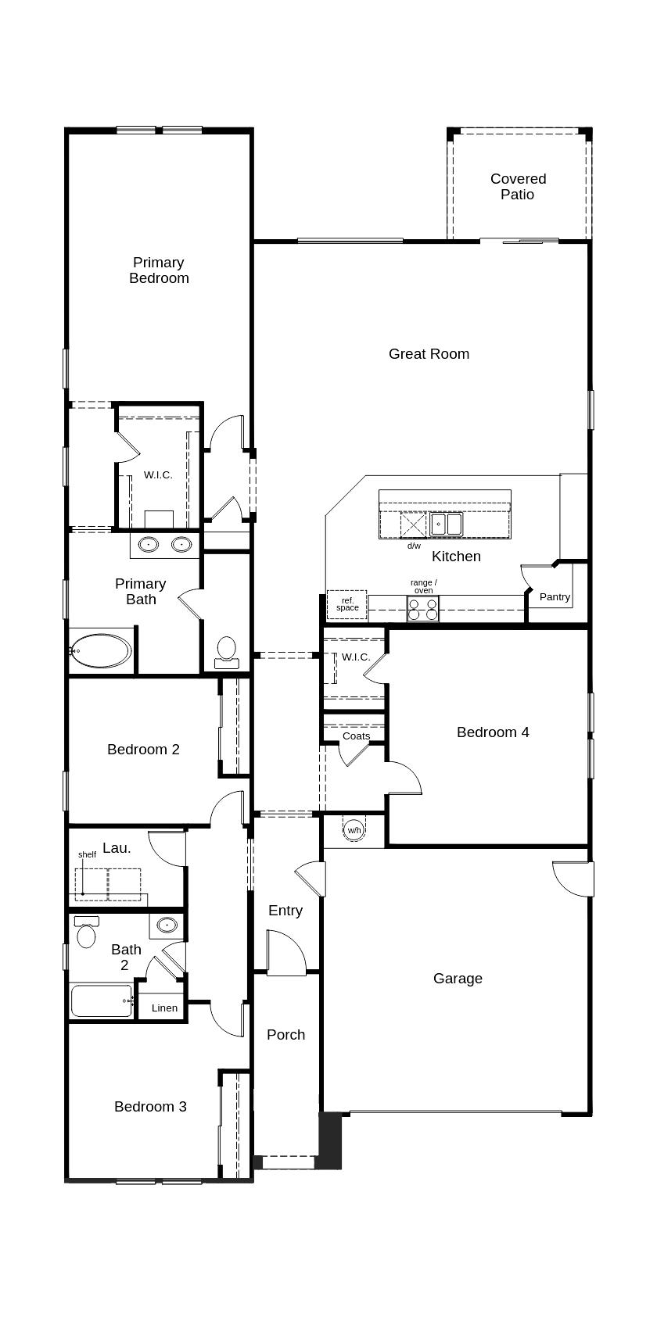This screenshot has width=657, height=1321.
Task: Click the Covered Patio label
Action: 518,186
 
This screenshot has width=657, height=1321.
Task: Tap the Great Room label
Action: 429,353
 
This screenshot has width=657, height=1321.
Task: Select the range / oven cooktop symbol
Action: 423,609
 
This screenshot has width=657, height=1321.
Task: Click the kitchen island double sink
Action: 447,524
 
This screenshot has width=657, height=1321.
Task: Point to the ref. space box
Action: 346,604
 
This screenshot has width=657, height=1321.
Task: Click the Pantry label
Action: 555,596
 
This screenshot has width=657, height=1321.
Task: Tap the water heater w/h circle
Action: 354,829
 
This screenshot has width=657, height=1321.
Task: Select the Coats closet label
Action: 356,736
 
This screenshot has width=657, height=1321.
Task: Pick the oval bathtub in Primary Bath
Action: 101,650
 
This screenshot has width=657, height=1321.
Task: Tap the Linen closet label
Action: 164,1008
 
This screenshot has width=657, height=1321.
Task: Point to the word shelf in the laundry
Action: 87,854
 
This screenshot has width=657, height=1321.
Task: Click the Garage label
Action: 458,978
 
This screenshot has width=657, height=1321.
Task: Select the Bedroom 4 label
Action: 493,732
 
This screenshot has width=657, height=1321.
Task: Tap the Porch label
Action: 285,1034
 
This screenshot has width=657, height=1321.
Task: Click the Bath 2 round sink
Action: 167,925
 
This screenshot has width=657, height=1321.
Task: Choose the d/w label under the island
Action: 414,546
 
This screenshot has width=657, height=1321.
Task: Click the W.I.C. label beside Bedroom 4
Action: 356,657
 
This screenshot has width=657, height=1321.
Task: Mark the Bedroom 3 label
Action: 150,1106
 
